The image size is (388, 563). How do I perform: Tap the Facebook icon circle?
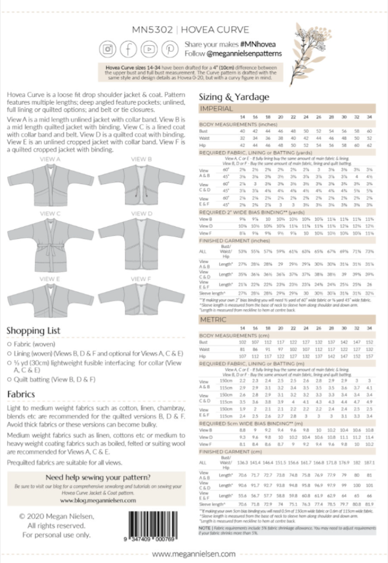pos(129,49)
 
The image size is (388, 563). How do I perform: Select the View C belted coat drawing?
pos(51,245)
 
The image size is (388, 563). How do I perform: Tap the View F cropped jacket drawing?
pos(141,299)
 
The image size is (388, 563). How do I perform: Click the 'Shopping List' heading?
pos(33,330)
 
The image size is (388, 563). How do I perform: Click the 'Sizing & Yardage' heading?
pos(230,96)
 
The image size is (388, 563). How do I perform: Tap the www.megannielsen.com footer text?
pos(193,555)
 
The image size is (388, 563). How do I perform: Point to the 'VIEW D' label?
pos(141,214)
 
